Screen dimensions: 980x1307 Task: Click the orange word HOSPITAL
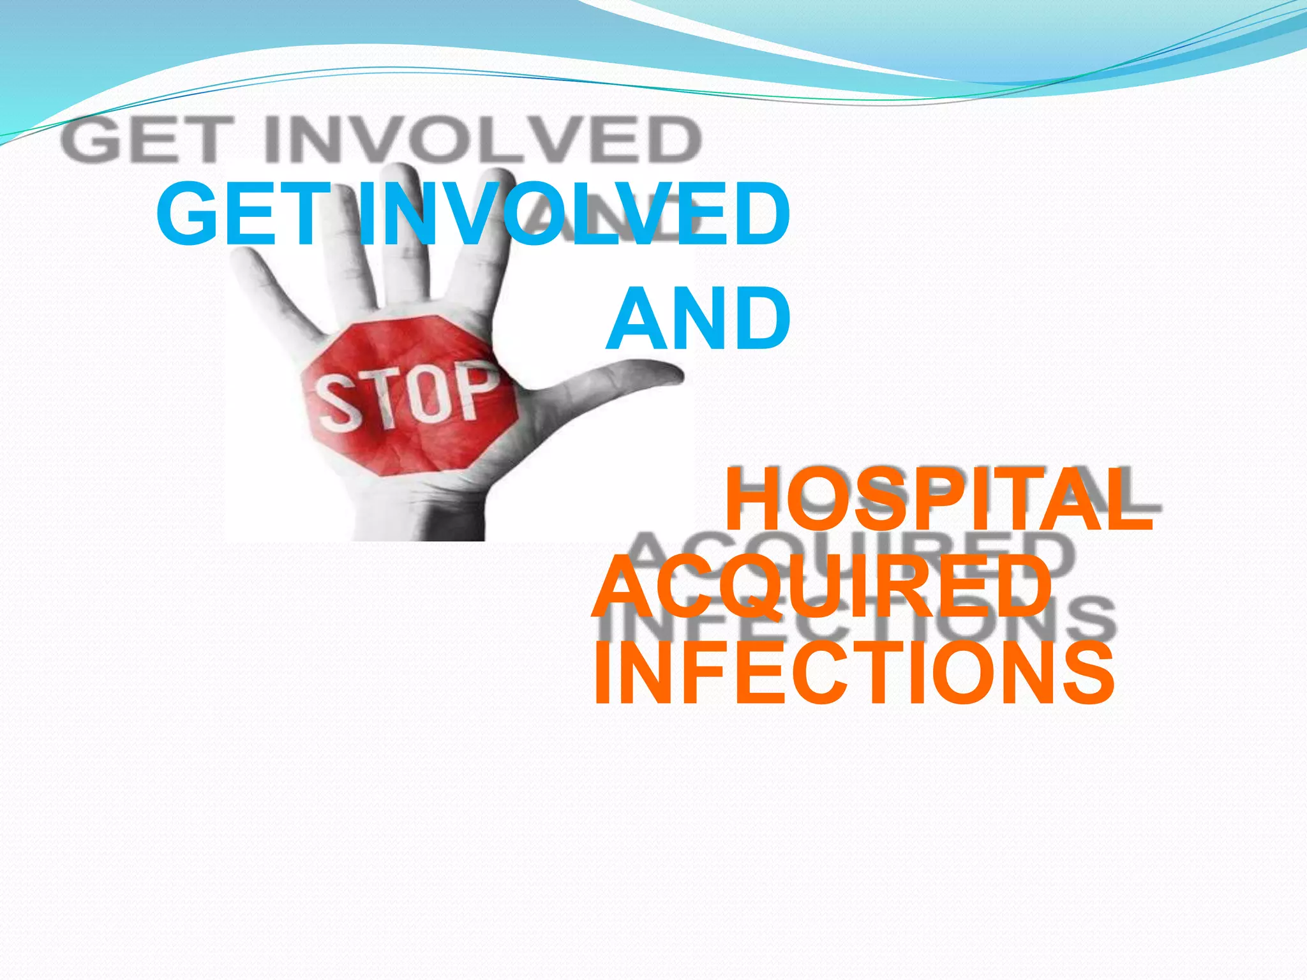[938, 500]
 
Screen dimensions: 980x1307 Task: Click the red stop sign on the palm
[408, 396]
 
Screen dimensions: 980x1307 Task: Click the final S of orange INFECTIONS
[1087, 674]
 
